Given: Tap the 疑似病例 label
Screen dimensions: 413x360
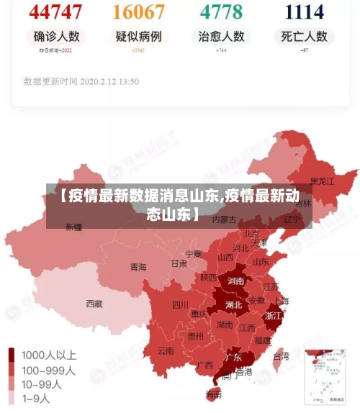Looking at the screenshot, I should [x=138, y=36].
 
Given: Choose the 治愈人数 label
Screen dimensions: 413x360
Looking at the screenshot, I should [x=221, y=36].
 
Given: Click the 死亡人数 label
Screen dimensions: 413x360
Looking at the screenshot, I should [x=305, y=36].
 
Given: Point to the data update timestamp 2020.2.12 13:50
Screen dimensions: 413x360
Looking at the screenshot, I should [x=81, y=81].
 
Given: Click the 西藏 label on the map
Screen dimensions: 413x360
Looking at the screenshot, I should [x=94, y=304].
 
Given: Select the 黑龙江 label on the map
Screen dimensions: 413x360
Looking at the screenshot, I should [x=322, y=181].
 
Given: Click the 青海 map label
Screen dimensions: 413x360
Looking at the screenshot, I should [x=138, y=267].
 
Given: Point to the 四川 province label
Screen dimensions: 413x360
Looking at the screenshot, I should [x=180, y=304].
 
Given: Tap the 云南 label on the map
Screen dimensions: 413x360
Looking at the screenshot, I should [x=166, y=351].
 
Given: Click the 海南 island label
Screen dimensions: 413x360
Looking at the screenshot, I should [x=214, y=394].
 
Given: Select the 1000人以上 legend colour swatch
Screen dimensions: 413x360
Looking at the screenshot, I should [x=12, y=355].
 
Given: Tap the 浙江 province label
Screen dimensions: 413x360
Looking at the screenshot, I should [x=274, y=315].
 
